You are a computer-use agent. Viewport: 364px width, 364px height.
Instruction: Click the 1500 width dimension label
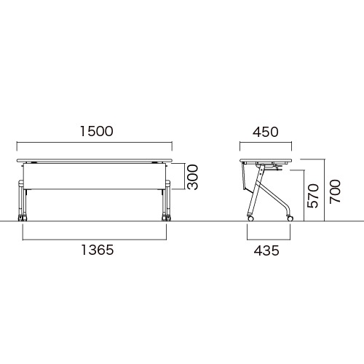point(97,131)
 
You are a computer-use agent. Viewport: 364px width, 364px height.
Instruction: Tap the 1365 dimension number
point(98,250)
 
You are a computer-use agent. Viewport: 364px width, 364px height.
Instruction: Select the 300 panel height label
point(193,177)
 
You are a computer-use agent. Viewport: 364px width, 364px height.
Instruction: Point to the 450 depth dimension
point(266,132)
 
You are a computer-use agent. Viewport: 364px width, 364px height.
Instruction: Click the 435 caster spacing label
point(266,250)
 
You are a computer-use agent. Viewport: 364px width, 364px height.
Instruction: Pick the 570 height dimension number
point(312,196)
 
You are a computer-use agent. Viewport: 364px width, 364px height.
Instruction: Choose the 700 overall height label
point(335,191)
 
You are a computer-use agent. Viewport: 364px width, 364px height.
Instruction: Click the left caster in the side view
point(250,218)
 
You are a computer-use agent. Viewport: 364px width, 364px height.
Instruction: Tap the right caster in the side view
point(290,218)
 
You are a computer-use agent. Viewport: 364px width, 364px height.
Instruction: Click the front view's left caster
point(23,218)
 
